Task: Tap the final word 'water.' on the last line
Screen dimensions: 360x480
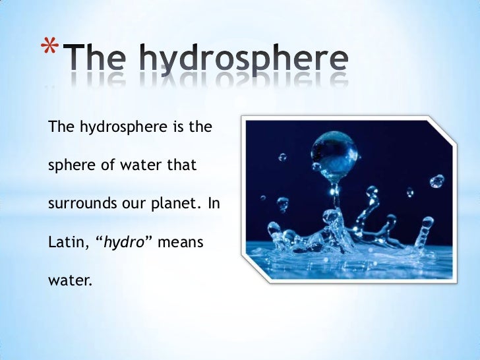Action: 69,281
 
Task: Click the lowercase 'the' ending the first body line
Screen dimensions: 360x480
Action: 199,126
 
